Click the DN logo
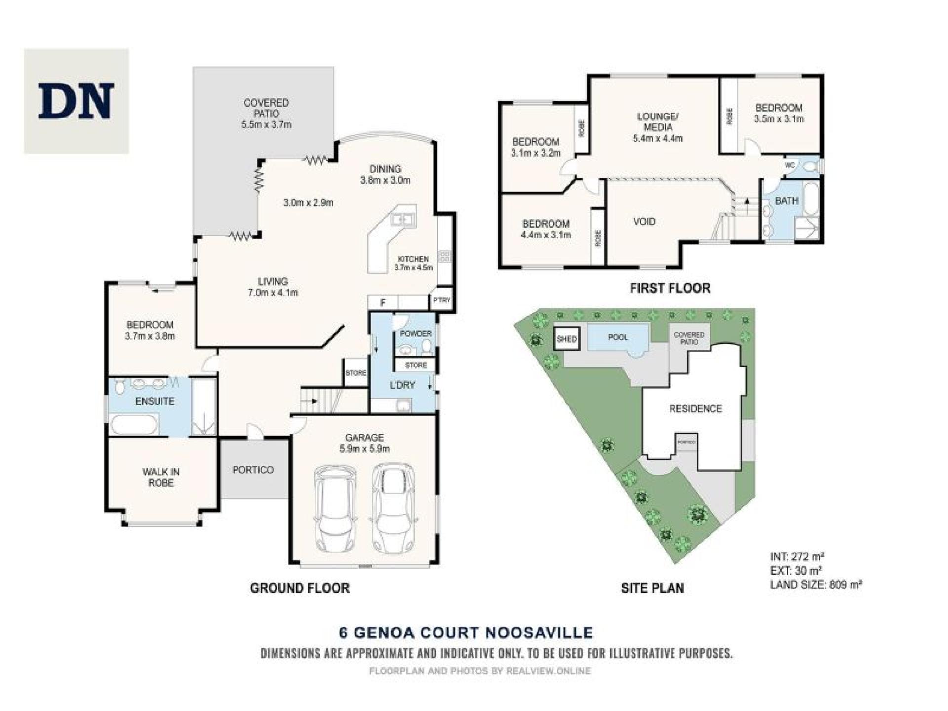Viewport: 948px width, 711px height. pyautogui.click(x=76, y=101)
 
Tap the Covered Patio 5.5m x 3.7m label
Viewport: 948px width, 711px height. pyautogui.click(x=266, y=114)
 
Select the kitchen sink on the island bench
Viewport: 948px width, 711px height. pyautogui.click(x=403, y=219)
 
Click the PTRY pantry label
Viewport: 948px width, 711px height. pyautogui.click(x=441, y=300)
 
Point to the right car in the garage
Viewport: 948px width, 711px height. pyautogui.click(x=393, y=507)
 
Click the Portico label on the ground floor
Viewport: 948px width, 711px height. pyautogui.click(x=253, y=470)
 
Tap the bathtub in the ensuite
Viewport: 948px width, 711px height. pyautogui.click(x=134, y=424)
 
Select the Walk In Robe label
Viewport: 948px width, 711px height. pyautogui.click(x=161, y=477)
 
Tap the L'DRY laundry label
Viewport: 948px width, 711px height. pyautogui.click(x=402, y=385)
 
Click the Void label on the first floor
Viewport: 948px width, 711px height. pyautogui.click(x=644, y=222)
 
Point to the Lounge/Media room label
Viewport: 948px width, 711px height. pyautogui.click(x=658, y=127)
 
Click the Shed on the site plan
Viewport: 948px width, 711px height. pyautogui.click(x=566, y=339)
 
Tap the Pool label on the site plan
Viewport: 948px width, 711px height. pyautogui.click(x=618, y=337)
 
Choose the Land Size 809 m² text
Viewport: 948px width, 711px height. pyautogui.click(x=816, y=585)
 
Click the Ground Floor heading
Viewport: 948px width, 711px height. pyautogui.click(x=300, y=588)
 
